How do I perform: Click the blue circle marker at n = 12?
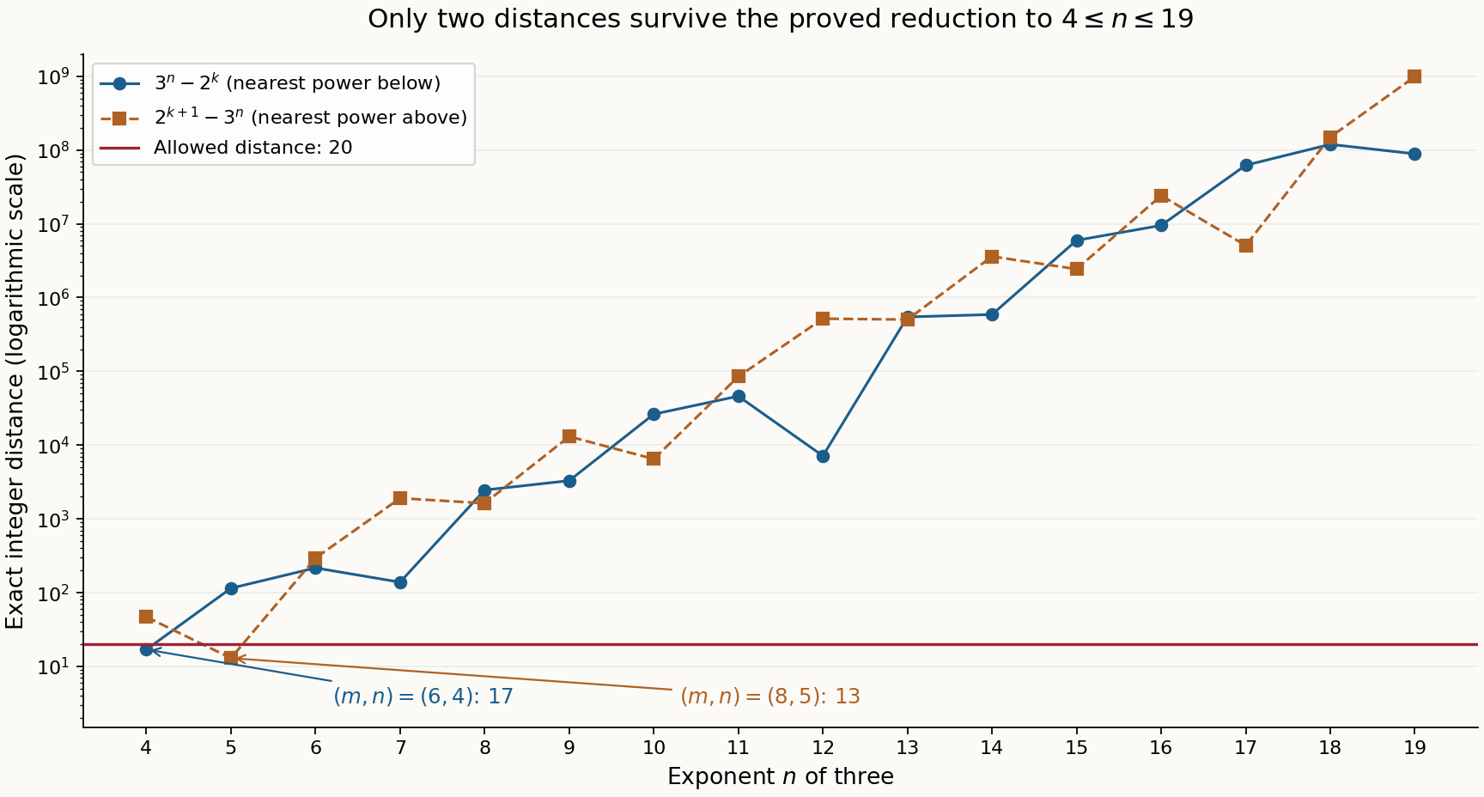coord(823,456)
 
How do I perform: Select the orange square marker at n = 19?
coord(1414,76)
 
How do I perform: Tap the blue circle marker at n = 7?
coord(400,582)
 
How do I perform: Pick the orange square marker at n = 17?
coord(1245,246)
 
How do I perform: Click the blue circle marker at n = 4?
coord(146,649)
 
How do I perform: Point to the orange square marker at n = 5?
coord(231,658)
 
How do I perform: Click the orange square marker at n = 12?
coord(823,319)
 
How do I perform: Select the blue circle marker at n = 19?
coord(1414,154)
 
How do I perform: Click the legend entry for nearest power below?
coord(271,83)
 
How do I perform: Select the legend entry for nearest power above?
coord(284,117)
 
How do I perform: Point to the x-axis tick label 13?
coord(907,747)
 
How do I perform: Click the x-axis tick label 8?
coord(484,747)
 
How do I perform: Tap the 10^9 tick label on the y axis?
coord(54,76)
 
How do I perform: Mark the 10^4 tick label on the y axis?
coord(54,445)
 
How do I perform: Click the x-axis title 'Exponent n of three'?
coord(781,776)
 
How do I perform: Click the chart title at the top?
coord(781,19)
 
